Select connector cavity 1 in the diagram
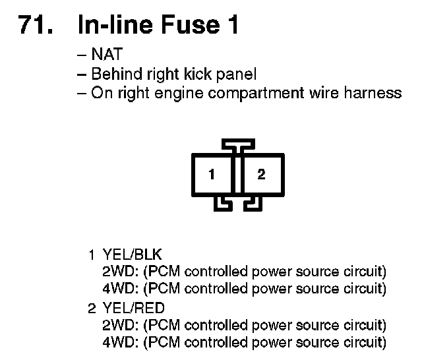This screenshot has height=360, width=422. pos(211,175)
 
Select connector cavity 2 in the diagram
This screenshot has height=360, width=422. pos(261,175)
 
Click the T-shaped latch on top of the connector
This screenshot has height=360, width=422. pos(237,144)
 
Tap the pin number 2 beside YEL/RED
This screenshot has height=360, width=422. pos(92,308)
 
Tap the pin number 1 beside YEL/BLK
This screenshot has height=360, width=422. pos(92,255)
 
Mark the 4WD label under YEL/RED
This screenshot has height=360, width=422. pos(119,342)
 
